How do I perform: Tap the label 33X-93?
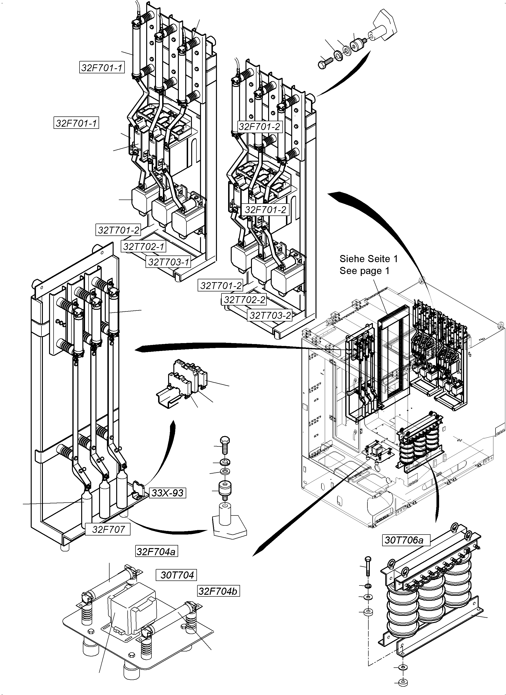(x=168, y=493)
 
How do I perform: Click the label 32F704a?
(x=156, y=552)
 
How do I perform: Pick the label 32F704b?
(x=218, y=591)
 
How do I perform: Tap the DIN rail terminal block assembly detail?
(x=183, y=384)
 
